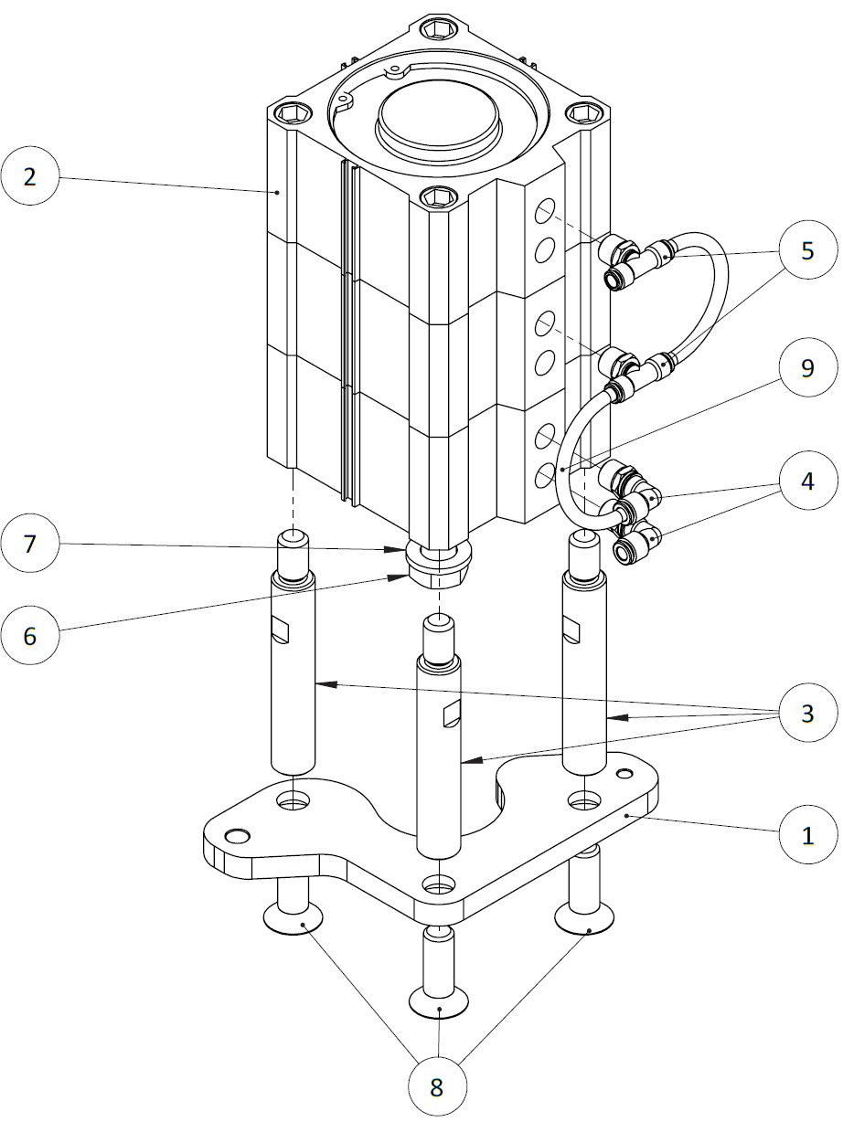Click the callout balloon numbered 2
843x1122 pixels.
point(30,176)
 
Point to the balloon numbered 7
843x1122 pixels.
point(30,545)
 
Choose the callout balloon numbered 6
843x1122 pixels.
point(30,635)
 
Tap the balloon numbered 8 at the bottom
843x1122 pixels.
point(437,1087)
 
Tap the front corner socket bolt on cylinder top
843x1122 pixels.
point(440,197)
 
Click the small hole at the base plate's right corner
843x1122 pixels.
point(624,774)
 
